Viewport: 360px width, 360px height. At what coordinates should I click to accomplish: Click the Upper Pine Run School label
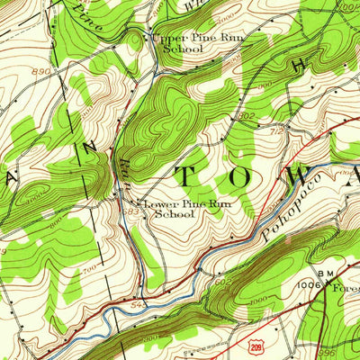click(184, 44)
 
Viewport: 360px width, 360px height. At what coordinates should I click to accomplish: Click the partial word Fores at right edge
click(346, 289)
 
